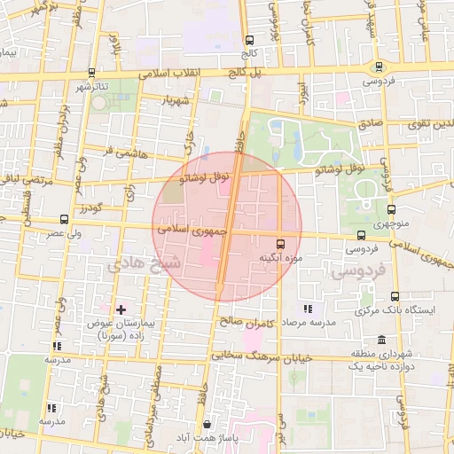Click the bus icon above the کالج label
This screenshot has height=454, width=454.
click(249, 41)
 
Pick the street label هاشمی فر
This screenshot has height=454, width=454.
click(121, 150)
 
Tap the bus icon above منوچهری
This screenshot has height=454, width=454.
click(391, 210)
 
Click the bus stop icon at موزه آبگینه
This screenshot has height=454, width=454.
click(281, 243)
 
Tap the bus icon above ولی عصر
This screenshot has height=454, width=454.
click(64, 219)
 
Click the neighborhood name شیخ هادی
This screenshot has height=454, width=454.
click(132, 264)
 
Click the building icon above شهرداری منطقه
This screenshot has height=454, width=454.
click(381, 340)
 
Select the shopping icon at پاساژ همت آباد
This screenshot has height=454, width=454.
click(207, 424)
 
